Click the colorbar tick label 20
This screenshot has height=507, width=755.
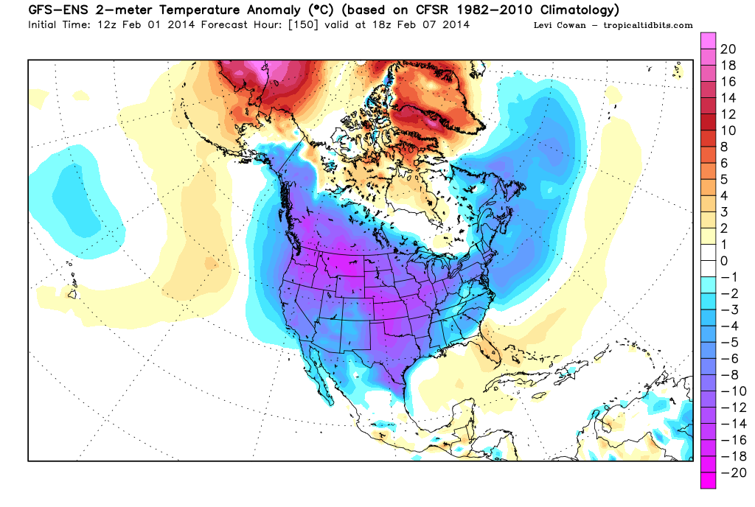point(728,49)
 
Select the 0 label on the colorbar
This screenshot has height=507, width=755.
point(724,261)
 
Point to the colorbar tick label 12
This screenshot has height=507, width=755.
point(728,114)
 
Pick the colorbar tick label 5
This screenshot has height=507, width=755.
point(724,179)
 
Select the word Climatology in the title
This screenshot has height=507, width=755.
point(573,10)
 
